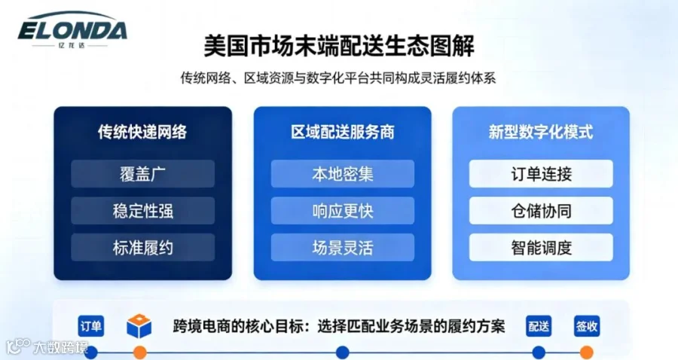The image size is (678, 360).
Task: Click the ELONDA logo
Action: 72,29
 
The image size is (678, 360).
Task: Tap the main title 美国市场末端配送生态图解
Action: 339,46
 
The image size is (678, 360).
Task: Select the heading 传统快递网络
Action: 142,132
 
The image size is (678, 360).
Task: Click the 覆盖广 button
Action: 142,174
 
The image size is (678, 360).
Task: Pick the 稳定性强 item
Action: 142,210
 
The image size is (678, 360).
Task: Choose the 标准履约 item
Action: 142,247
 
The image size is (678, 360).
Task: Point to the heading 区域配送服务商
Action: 343,132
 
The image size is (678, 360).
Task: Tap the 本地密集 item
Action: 343,174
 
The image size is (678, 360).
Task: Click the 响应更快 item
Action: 343,210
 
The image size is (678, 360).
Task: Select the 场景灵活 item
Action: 343,247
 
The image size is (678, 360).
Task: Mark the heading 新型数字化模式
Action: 540,132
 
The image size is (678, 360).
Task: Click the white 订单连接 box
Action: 541,174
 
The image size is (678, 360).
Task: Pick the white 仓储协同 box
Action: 541,210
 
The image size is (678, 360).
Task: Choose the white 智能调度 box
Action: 541,247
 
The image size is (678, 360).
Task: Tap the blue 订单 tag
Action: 91,326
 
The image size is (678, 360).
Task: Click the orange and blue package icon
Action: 139,326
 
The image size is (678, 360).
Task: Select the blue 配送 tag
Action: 539,326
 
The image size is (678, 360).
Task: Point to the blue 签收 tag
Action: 587,326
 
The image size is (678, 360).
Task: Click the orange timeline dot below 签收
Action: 586,352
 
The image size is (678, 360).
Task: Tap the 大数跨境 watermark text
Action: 60,347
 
